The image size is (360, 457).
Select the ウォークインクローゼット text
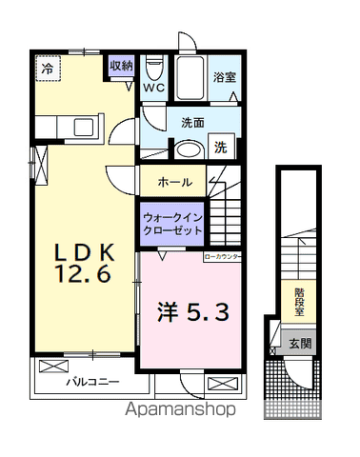(171, 222)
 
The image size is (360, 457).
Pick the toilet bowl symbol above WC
(154, 70)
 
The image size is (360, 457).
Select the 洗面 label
(193, 122)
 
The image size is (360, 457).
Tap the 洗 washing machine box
(220, 148)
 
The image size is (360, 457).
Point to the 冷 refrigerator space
(47, 68)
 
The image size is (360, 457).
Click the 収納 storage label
(120, 67)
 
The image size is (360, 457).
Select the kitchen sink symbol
(81, 126)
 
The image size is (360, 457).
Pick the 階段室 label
(299, 301)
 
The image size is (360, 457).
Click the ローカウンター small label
(222, 256)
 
